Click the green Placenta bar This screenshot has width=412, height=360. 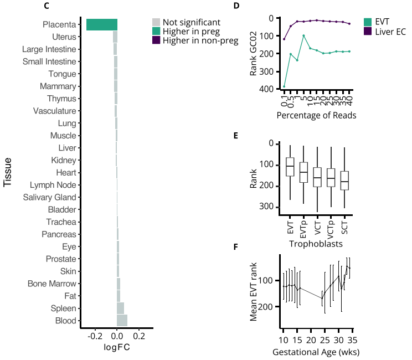point(102,24)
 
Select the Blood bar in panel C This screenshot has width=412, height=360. point(122,320)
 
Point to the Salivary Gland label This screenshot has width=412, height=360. point(50,197)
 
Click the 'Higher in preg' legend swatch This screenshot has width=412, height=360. point(157,31)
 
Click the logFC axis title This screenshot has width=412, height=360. point(117,347)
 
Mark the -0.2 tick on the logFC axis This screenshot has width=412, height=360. point(95,336)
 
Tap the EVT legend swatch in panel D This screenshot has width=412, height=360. point(368,22)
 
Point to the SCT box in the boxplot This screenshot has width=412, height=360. point(344,181)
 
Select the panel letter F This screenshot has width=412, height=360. point(236,245)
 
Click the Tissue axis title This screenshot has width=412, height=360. point(8,172)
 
